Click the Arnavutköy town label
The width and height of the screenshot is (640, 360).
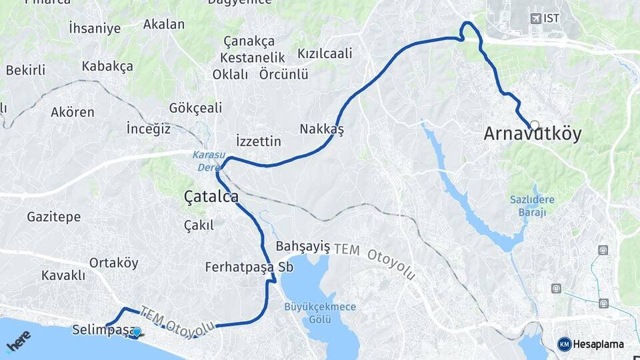(532, 135)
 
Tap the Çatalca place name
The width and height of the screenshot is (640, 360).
(211, 197)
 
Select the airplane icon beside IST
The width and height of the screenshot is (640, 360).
(535, 18)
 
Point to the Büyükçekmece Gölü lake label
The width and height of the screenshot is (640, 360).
(320, 313)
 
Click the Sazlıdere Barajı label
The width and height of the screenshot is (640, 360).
(532, 205)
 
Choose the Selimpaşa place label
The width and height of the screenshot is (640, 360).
(100, 330)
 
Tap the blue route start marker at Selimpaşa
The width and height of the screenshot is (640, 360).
(137, 332)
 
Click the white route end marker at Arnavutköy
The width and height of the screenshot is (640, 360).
(534, 125)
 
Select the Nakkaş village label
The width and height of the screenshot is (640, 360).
(321, 129)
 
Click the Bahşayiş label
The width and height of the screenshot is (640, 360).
(303, 246)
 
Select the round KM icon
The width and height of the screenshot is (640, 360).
(565, 344)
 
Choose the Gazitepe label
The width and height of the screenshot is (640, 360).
(54, 217)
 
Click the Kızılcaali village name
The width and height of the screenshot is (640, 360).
(325, 53)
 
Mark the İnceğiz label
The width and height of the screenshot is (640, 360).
(149, 129)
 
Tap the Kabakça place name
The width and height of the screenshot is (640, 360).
(107, 66)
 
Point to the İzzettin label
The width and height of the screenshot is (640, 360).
(259, 141)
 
